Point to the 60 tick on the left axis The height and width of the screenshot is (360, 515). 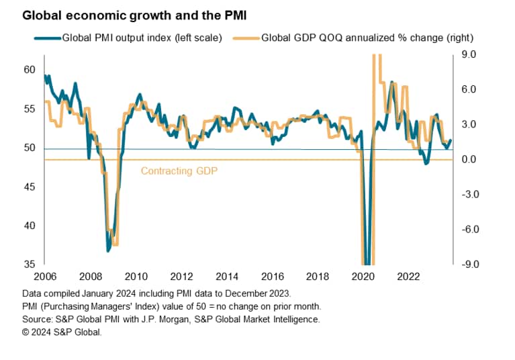click(29, 70)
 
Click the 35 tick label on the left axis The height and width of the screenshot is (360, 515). click(29, 264)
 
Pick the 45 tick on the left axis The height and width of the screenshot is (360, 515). click(29, 187)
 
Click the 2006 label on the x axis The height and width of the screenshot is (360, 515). click(44, 276)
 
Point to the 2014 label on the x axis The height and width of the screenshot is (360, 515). click(226, 276)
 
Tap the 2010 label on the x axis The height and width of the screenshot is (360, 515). click(136, 276)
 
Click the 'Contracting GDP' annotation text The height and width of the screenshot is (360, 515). click(179, 171)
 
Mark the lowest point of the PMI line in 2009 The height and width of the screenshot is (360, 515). click(108, 251)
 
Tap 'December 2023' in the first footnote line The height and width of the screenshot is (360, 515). click(257, 294)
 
